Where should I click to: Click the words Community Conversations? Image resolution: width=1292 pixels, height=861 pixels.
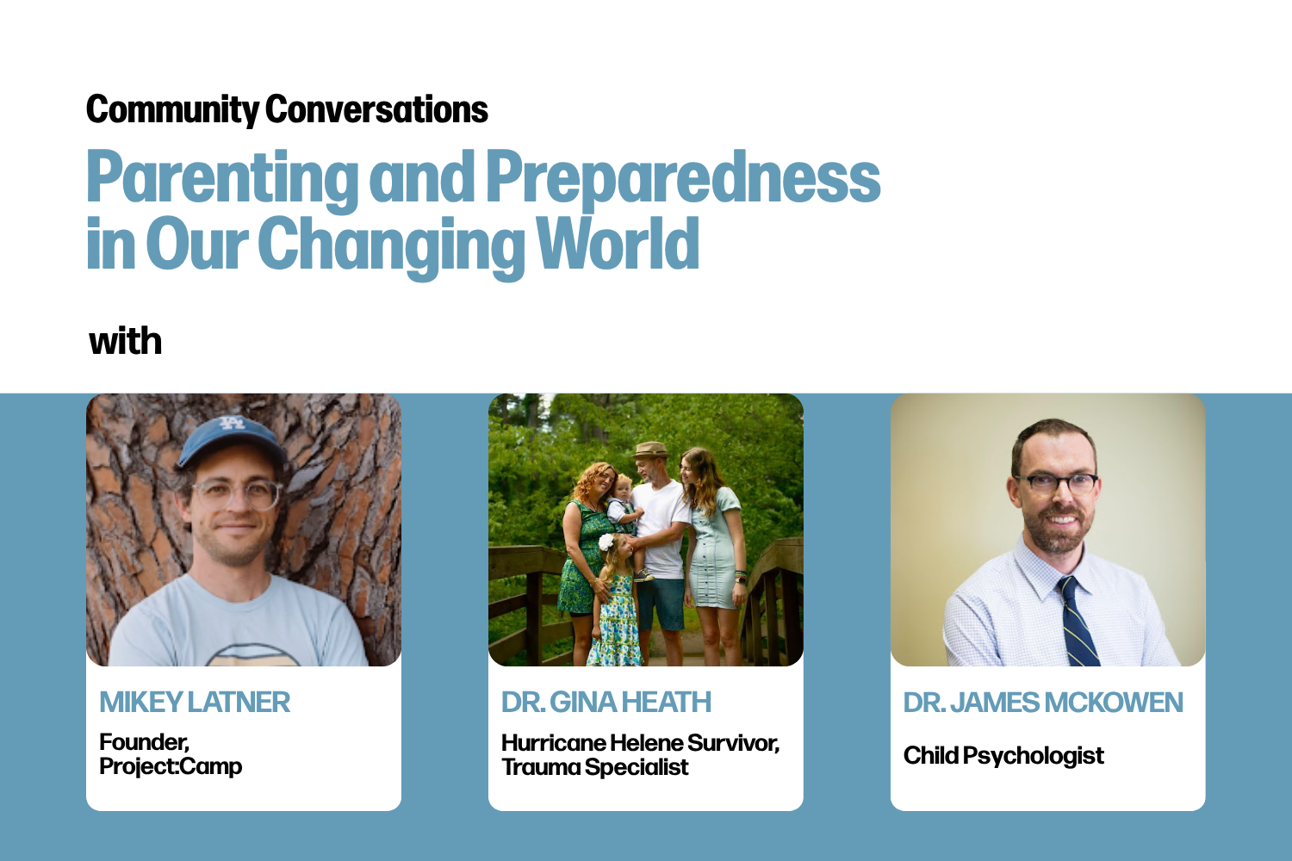coord(287,110)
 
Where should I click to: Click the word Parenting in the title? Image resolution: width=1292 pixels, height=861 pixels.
coord(221,177)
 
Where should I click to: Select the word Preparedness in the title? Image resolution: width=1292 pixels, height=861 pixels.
coord(682,177)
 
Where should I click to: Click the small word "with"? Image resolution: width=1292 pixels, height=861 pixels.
coord(126,342)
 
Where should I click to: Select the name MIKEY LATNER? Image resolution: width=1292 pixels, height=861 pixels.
coord(195,703)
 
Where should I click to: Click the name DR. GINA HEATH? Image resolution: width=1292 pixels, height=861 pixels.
coord(606,703)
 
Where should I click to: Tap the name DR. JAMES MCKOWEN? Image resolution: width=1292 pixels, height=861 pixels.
coord(1042,703)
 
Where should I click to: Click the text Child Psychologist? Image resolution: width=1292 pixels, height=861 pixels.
coord(1003,756)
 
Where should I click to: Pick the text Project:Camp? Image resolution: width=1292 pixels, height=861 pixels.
coord(171,766)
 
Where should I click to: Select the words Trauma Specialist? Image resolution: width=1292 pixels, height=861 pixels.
coord(595,767)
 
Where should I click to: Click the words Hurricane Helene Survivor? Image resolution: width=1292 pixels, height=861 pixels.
coord(639,743)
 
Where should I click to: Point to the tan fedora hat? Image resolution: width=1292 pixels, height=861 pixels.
coord(651,451)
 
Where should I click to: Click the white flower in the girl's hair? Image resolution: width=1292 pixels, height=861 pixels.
coord(606,542)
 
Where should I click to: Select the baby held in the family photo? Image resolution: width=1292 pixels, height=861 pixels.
coord(623,504)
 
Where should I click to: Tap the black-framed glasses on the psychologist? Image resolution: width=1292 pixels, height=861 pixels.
coord(1057,483)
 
